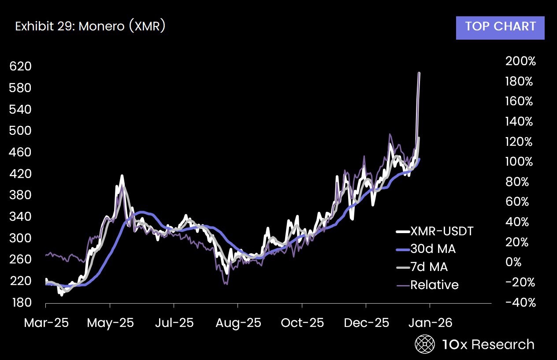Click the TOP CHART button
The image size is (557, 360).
[x=500, y=26]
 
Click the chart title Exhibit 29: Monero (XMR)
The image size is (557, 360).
[x=90, y=26]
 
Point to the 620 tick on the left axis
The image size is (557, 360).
[x=20, y=67]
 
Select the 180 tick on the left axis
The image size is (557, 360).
[x=20, y=303]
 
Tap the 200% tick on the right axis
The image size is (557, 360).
[x=520, y=61]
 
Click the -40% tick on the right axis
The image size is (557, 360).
[x=520, y=303]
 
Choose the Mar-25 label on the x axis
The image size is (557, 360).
[x=46, y=323]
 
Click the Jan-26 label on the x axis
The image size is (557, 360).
[x=430, y=323]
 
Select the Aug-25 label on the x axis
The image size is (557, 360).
[x=238, y=323]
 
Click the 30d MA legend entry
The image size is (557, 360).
[x=433, y=249]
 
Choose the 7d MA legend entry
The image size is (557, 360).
[x=429, y=267]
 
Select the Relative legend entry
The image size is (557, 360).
[x=434, y=285]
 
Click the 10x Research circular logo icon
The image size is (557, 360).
[x=425, y=344]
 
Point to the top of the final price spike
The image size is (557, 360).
[x=419, y=73]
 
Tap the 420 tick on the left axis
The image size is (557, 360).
[x=20, y=174]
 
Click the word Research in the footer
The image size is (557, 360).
[x=503, y=344]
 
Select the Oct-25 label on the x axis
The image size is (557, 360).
[x=302, y=323]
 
